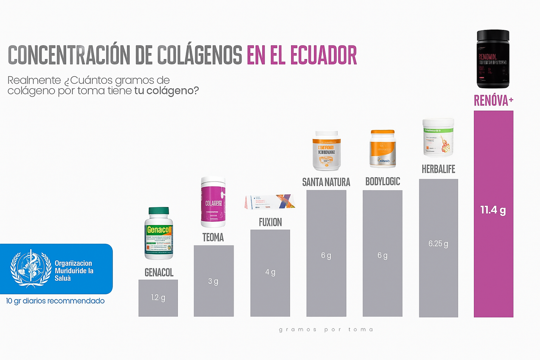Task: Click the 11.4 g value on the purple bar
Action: click(x=493, y=210)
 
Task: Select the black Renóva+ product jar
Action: click(x=493, y=59)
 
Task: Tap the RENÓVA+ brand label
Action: click(x=493, y=101)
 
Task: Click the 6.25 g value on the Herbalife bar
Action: click(x=438, y=244)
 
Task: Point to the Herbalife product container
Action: click(x=438, y=138)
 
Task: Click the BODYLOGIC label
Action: click(x=382, y=182)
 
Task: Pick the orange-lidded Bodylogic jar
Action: click(x=382, y=149)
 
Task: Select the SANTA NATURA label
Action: click(x=326, y=182)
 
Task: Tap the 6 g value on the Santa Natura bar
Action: click(x=326, y=256)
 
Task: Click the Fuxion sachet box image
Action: click(x=270, y=202)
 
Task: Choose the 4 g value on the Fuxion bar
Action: click(x=270, y=272)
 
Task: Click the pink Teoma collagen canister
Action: click(x=213, y=202)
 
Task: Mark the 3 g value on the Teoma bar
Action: click(x=213, y=281)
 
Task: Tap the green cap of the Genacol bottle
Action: click(x=158, y=211)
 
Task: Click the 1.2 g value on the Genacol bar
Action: click(x=158, y=298)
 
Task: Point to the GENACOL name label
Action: click(x=159, y=273)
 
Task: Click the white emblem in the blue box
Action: click(x=31, y=269)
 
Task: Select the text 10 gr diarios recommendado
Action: click(x=55, y=301)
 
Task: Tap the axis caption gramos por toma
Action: click(x=326, y=329)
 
